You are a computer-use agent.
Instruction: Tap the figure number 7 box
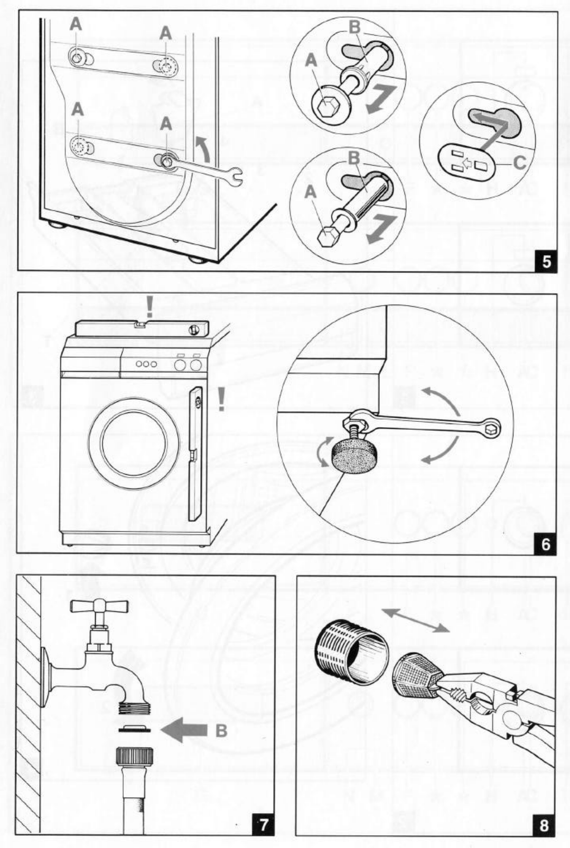coord(263,824)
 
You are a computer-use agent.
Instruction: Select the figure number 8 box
coord(544,824)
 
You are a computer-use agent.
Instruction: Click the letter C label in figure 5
coord(520,162)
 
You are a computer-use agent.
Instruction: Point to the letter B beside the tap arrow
coord(222,731)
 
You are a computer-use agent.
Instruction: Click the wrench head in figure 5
coord(234,177)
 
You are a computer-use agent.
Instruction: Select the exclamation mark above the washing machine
coord(149,307)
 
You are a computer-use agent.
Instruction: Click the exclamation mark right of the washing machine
coord(222,400)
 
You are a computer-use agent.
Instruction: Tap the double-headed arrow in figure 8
coord(415,620)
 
